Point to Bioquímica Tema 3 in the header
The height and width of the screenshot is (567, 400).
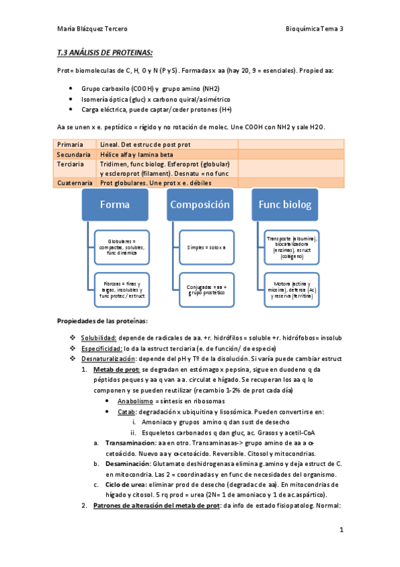314,29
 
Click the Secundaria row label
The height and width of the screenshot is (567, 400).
74,154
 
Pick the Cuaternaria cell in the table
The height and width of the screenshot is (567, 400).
75,183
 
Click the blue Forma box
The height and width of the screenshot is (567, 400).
115,205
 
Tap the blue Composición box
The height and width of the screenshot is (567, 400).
200,205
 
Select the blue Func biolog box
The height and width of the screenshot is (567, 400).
285,205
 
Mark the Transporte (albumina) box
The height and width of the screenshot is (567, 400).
292,245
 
